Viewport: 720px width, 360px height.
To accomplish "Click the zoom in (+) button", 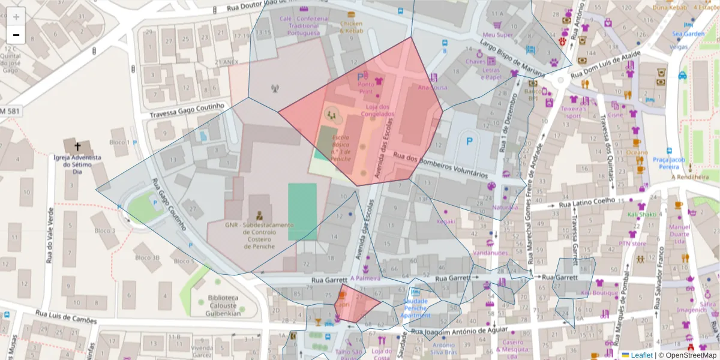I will pos(16,17).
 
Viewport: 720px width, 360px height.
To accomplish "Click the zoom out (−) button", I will pos(16,35).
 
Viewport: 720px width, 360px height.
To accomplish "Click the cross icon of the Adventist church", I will pos(77,146).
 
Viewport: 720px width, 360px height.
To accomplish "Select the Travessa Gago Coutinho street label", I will pos(187,110).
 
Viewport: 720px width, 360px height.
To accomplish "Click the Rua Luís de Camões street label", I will pos(66,317).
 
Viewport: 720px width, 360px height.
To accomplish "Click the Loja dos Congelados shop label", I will pos(377,110).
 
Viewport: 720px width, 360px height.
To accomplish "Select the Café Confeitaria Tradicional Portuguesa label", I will pos(304,26).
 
